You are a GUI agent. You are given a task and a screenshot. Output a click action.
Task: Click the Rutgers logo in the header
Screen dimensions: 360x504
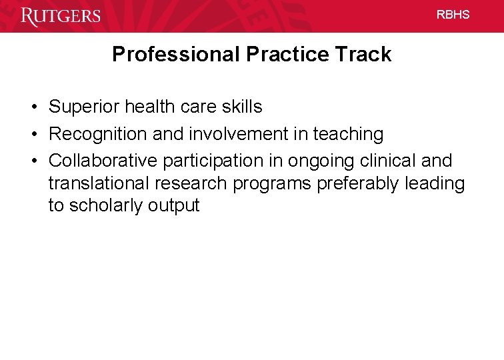(61, 15)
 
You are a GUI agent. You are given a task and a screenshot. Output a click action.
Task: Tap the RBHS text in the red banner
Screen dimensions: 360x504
(453, 15)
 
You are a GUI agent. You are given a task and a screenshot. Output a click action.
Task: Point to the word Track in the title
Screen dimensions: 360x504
(366, 55)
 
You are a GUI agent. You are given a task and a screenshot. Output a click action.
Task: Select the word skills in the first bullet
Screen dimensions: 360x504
(243, 107)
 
